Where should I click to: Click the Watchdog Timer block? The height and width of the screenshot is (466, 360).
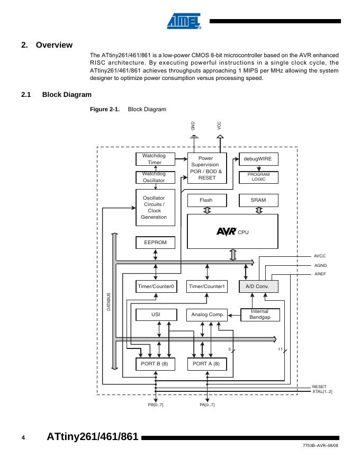155,159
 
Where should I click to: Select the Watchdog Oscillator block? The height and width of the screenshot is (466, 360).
155,177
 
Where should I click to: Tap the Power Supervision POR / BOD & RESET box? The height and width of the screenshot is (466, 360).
206,168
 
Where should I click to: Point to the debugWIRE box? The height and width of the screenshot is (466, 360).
258,158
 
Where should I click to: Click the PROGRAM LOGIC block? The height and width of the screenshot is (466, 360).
258,177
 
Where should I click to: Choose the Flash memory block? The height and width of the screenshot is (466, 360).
206,200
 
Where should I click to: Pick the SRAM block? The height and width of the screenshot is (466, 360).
258,200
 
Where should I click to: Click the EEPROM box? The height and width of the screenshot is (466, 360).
155,243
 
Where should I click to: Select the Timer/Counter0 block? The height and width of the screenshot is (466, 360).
156,286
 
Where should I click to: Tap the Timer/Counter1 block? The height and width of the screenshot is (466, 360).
207,286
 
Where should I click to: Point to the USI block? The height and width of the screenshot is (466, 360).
156,315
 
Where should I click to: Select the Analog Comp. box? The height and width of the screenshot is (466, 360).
207,315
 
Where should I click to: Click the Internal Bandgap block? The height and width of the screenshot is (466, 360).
259,315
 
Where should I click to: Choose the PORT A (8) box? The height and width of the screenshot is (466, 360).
207,364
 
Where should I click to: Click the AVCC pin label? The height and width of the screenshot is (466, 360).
320,256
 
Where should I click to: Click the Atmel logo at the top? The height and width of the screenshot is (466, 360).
184,21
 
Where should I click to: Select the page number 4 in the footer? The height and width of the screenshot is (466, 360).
23,437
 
